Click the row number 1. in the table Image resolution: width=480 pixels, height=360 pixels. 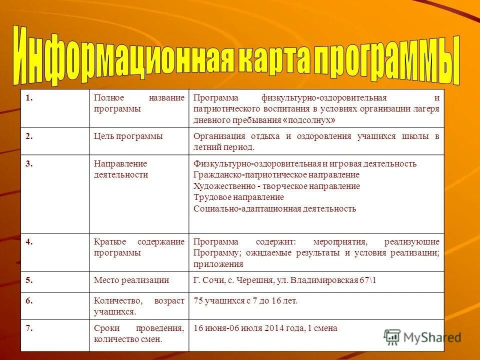pos(29,98)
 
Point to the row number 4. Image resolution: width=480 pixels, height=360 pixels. pos(29,241)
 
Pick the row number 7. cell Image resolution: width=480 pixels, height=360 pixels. pos(29,328)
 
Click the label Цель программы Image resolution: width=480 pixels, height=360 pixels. pos(128,136)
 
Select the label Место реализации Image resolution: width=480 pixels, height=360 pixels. pos(131,280)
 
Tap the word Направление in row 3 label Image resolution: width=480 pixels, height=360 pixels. pos(120,164)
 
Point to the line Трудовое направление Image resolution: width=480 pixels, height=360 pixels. pos(238,197)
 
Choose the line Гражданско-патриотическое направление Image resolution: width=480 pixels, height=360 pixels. pos(276,175)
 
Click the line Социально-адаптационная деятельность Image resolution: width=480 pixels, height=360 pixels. pos(274,208)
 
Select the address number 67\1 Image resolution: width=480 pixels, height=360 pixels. pos(367,280)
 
